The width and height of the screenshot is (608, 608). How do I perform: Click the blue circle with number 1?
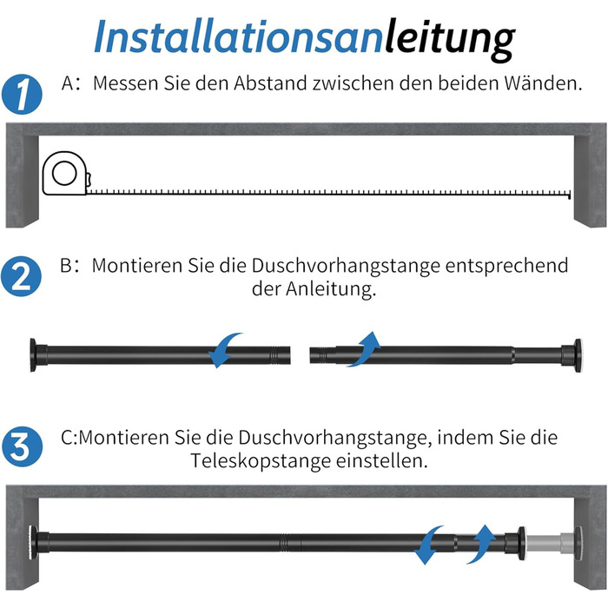pyautogui.click(x=22, y=94)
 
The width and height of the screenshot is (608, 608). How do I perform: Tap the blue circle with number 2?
pyautogui.click(x=21, y=276)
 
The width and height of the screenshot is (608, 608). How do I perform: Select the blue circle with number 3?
pyautogui.click(x=22, y=446)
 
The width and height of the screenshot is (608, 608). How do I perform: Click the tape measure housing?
pyautogui.click(x=66, y=174)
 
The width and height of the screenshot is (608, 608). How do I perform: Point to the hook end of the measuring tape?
pyautogui.click(x=569, y=195)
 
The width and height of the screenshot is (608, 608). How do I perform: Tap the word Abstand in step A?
pyautogui.click(x=270, y=83)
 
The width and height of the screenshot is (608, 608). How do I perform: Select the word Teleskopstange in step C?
pyautogui.click(x=261, y=461)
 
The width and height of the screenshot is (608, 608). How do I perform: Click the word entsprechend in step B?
pyautogui.click(x=506, y=266)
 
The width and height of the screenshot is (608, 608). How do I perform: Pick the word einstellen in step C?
pyautogui.click(x=381, y=461)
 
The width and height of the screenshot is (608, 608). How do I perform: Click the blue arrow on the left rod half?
pyautogui.click(x=223, y=349)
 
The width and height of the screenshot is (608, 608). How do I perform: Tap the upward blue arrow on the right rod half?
pyautogui.click(x=366, y=348)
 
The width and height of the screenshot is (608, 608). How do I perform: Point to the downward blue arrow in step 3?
pyautogui.click(x=427, y=545)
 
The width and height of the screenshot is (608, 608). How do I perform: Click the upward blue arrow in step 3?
pyautogui.click(x=481, y=544)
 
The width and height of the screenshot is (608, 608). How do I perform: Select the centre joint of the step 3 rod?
pyautogui.click(x=285, y=543)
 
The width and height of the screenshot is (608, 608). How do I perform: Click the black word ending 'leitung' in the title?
pyautogui.click(x=449, y=39)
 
